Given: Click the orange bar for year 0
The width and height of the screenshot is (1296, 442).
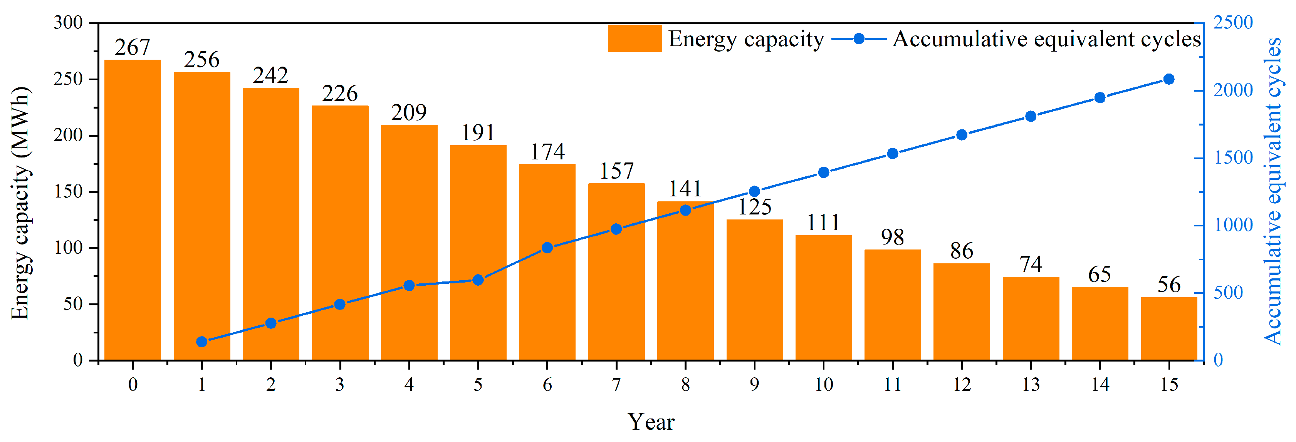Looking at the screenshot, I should (x=132, y=211).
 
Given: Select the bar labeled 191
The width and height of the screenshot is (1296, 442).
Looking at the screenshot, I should (x=478, y=254).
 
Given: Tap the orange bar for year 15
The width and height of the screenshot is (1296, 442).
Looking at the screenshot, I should (x=1169, y=329).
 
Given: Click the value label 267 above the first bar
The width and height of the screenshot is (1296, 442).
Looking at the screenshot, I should (x=132, y=48).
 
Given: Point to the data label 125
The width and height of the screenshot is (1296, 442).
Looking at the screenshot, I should (x=754, y=207).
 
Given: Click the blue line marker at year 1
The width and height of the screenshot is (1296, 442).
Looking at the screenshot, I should (x=202, y=342).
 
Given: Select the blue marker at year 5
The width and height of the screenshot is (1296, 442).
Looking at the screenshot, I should (x=478, y=280).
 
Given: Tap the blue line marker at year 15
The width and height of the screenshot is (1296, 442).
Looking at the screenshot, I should (x=1169, y=79).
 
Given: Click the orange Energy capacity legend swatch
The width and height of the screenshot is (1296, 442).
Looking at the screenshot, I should (x=635, y=39).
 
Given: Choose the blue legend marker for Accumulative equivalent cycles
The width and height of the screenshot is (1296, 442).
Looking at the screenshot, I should (x=859, y=39).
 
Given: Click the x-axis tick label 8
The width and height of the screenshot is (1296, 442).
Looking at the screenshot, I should (x=685, y=385).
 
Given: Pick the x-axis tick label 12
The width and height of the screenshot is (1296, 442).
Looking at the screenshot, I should (x=962, y=385).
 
